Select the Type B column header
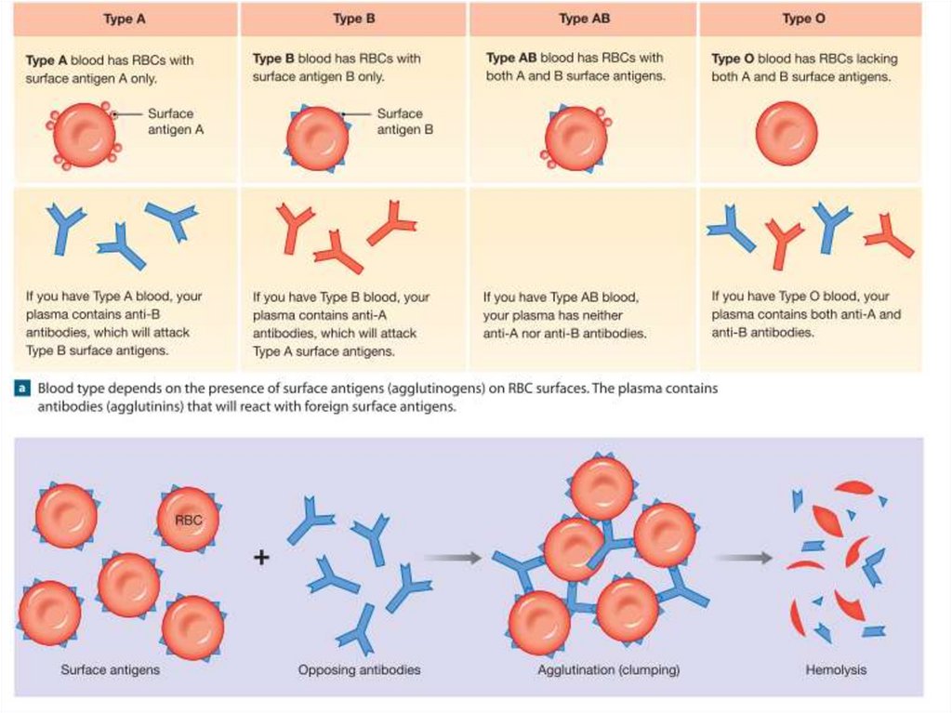[x=353, y=19]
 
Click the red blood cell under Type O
[x=787, y=134]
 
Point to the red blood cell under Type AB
[x=575, y=139]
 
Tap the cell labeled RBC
[x=189, y=519]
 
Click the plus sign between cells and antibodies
[x=261, y=558]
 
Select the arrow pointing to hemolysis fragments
[x=744, y=558]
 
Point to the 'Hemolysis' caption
[x=836, y=669]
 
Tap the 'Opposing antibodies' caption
[x=359, y=669]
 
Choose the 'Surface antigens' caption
[x=110, y=669]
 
